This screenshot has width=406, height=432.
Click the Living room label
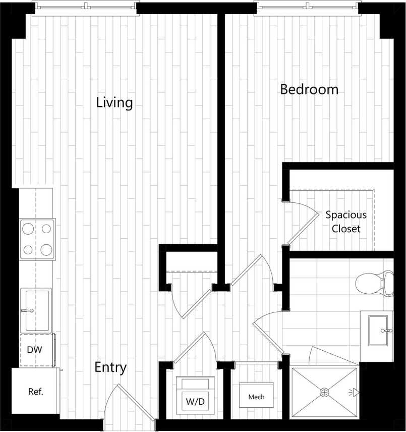[114, 103]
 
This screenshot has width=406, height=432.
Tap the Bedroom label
[309, 90]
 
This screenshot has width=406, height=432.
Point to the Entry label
[110, 368]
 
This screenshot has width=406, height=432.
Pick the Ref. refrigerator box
[35, 391]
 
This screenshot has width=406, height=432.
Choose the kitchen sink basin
[36, 310]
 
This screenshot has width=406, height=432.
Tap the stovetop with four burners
[37, 238]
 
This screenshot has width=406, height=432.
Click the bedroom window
[307, 7]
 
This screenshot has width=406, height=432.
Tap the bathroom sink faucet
[387, 331]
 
